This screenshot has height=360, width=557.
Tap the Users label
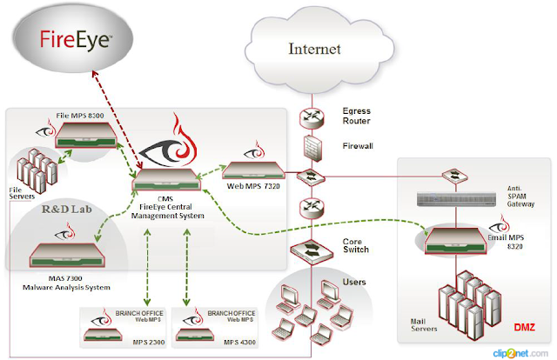pos(352,283)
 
